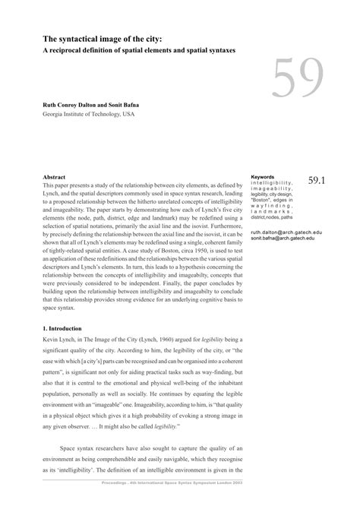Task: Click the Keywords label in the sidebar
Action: tap(262, 177)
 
